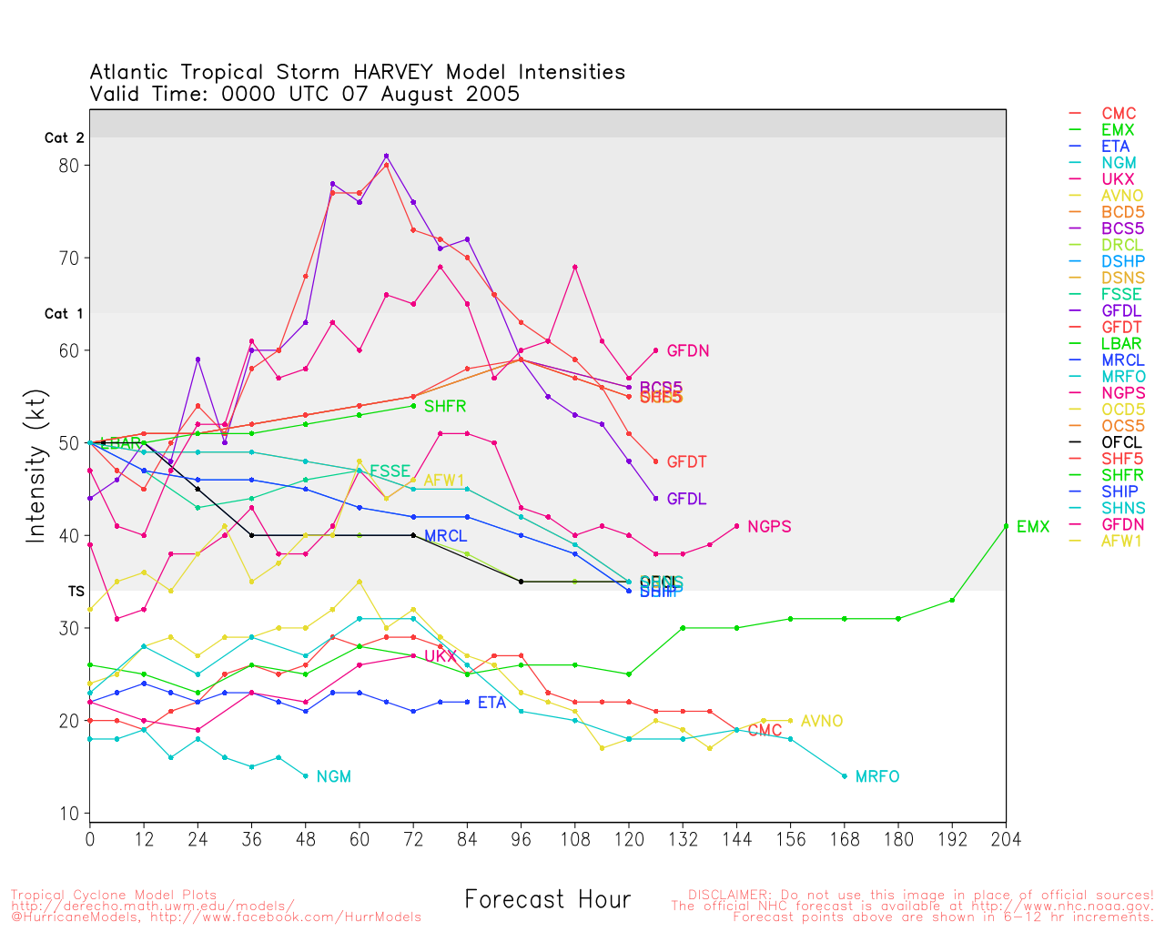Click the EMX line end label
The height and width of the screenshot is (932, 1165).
1033,527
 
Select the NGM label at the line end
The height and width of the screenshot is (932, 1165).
333,776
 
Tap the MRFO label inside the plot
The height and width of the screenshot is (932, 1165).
877,776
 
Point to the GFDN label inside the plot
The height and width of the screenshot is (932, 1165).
688,350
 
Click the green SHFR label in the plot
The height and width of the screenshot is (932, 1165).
445,406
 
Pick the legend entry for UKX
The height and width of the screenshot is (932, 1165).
1118,179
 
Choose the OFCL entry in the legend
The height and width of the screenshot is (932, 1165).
1121,442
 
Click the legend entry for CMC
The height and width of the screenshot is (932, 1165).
1119,114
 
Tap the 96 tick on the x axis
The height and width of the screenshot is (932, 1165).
521,839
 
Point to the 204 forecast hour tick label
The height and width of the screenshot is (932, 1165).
1006,839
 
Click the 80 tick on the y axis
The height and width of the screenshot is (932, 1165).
69,166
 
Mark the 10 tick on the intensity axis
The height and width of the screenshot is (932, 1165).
69,814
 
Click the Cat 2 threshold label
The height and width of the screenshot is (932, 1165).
64,138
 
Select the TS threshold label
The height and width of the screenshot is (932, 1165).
76,592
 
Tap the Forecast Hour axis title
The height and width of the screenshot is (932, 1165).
547,900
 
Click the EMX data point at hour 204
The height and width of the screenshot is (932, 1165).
1006,526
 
